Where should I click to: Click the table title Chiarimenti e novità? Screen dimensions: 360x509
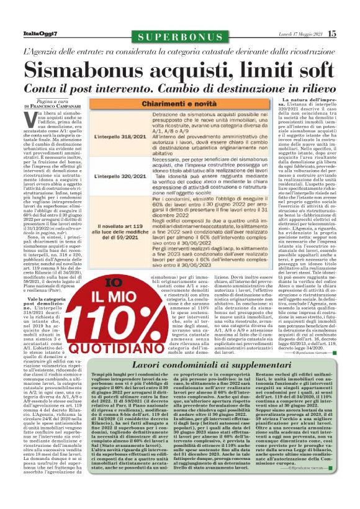pyautogui.click(x=169, y=104)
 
